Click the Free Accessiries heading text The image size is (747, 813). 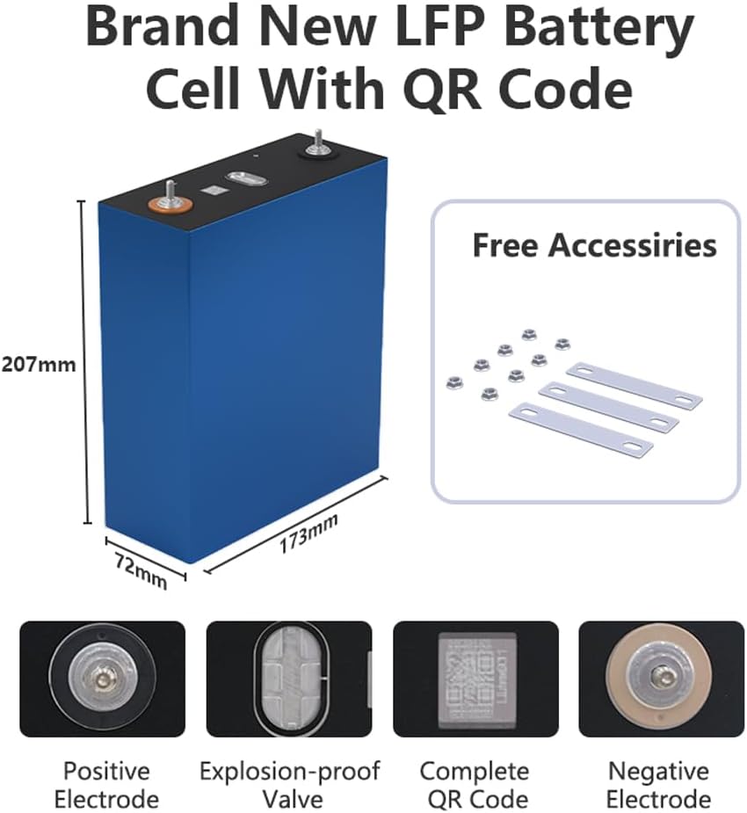(x=594, y=245)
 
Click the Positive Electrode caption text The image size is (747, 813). (x=106, y=785)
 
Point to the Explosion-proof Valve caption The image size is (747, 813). (x=289, y=785)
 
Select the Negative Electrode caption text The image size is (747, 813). (x=659, y=785)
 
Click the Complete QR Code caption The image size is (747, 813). (x=475, y=785)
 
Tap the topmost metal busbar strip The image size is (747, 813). (x=634, y=385)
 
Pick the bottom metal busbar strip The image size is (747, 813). (x=582, y=428)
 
